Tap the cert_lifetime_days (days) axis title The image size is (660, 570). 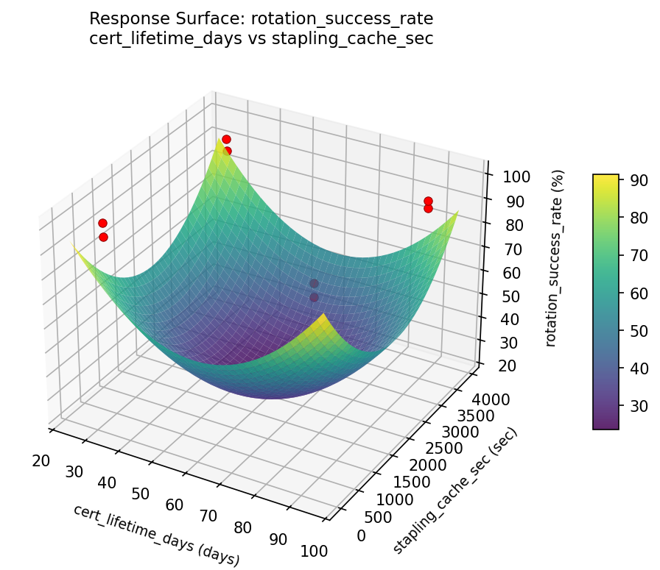[156, 535]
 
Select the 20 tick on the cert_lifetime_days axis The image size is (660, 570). [41, 461]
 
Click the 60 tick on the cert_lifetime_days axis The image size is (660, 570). [175, 505]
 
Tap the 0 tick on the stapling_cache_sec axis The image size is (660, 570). [360, 536]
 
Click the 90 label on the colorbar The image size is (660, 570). [638, 181]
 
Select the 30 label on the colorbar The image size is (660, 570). [638, 405]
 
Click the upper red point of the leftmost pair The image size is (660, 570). [102, 223]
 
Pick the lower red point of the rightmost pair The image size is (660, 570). [428, 208]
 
